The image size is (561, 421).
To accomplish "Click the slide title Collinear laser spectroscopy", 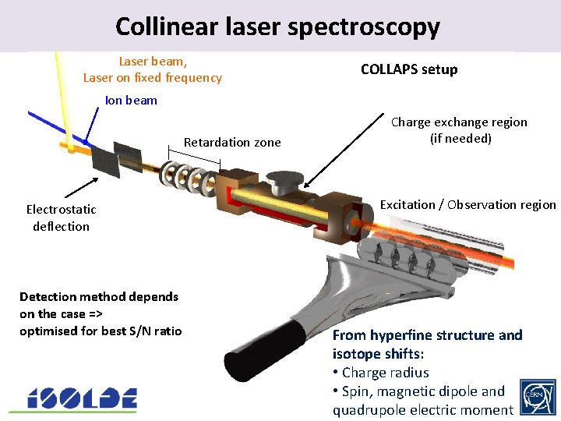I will [x=277, y=27].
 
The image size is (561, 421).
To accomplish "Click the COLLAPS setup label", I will [x=409, y=69].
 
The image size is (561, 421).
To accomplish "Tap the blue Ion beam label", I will [x=131, y=100].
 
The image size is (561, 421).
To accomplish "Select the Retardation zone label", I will [x=232, y=142].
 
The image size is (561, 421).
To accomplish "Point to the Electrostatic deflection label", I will [x=61, y=218].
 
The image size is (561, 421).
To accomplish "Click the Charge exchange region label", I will [x=458, y=130].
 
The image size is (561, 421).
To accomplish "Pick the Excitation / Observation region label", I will [x=467, y=205].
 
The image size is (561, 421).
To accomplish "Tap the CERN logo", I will [x=538, y=398].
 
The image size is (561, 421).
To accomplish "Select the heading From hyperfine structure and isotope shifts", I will [x=427, y=344].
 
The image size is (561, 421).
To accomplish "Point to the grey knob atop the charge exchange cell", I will [x=284, y=180].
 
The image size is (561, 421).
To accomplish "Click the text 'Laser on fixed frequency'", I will [x=153, y=78].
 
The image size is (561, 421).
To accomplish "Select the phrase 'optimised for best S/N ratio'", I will [x=101, y=331].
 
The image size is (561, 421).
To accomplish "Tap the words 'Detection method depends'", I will [x=99, y=296].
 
